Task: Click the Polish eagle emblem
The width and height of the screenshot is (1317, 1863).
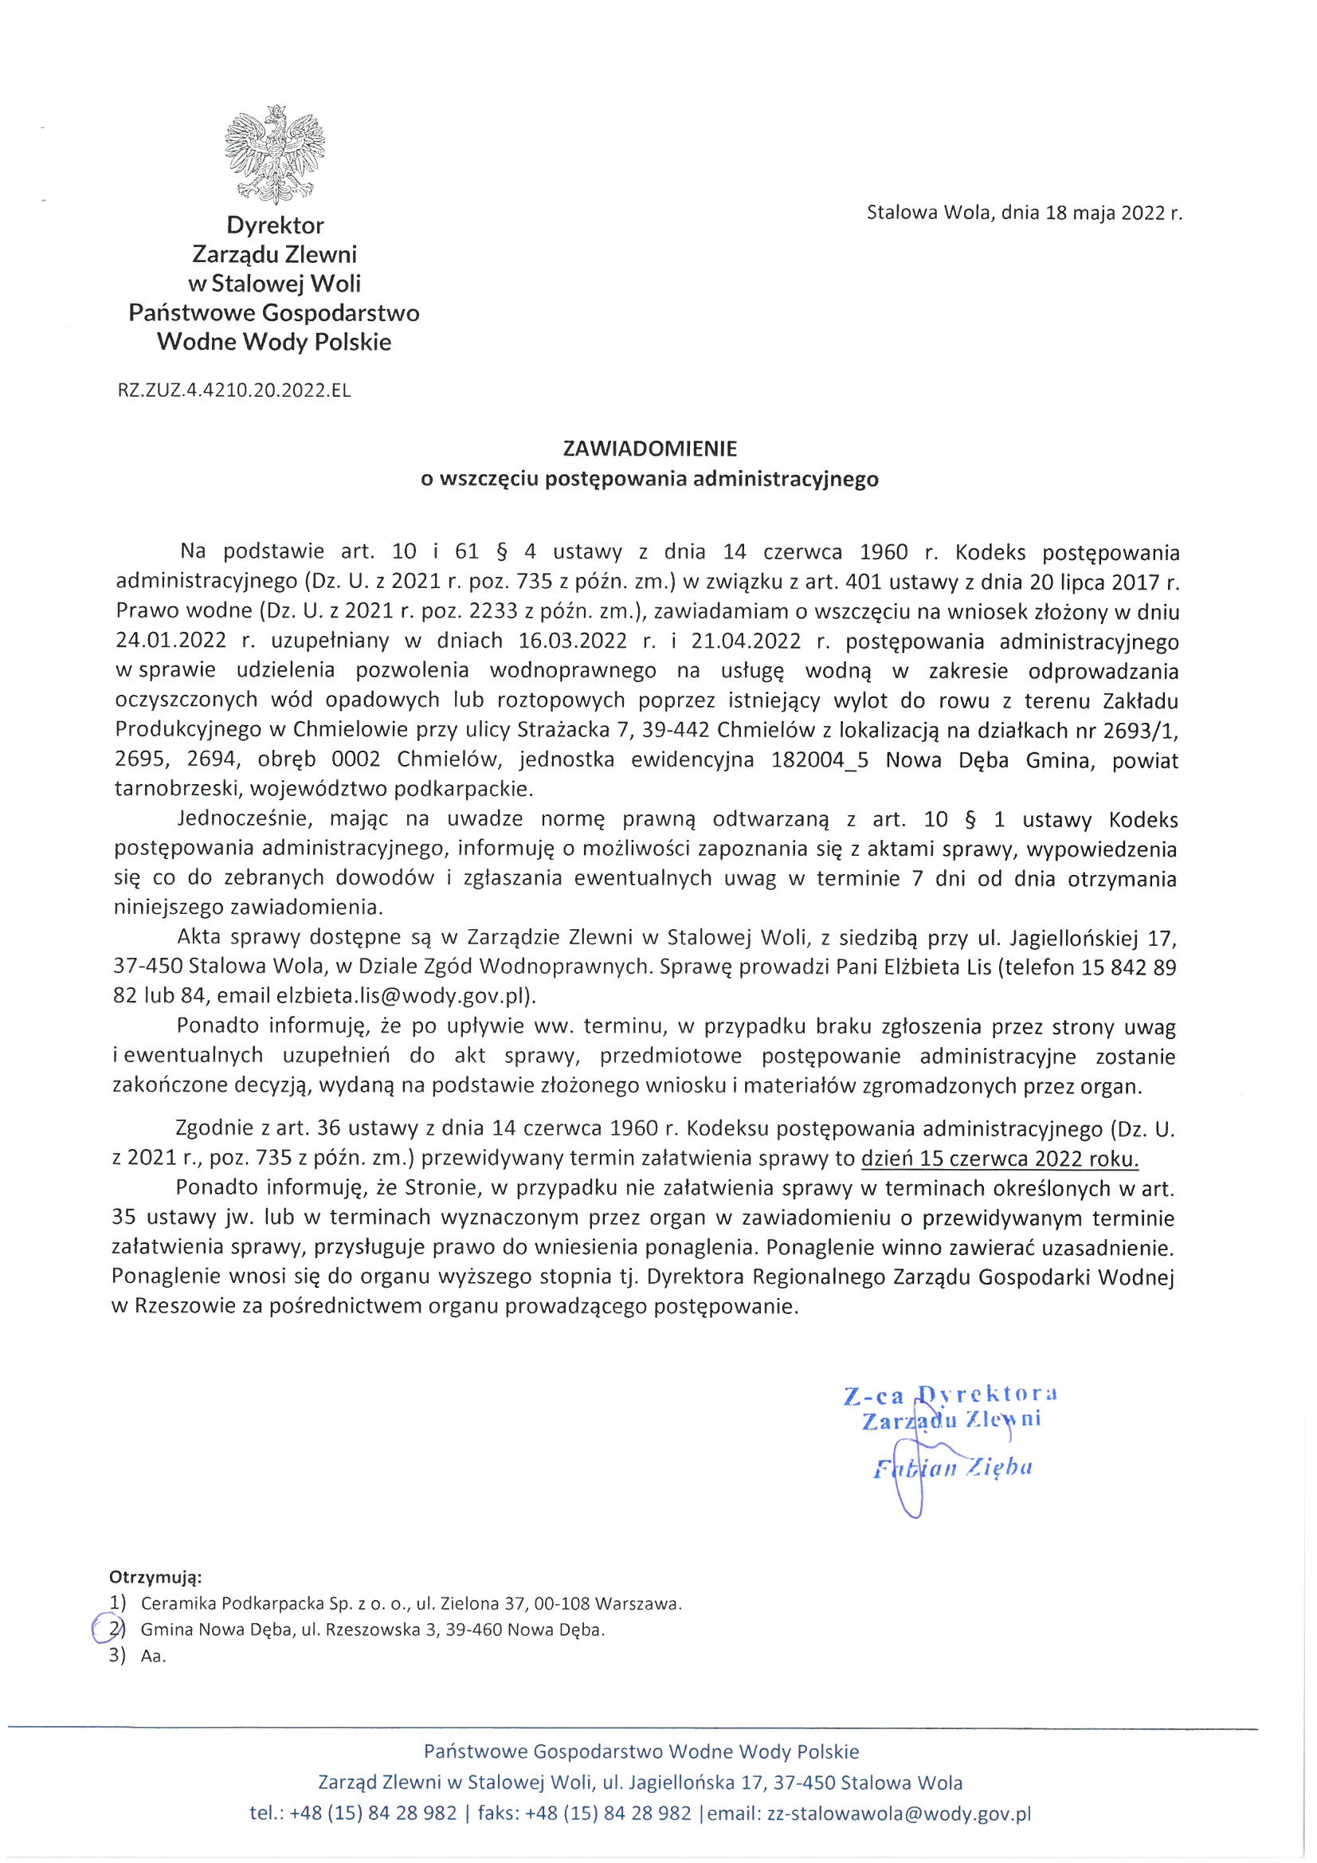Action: tap(274, 154)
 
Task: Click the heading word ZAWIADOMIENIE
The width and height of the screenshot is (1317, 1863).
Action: tap(650, 449)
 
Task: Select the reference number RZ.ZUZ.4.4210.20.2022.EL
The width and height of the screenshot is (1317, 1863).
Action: tap(234, 390)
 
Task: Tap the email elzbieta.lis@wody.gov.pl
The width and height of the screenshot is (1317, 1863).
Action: tap(402, 996)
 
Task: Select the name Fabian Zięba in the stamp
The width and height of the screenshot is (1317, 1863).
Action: tap(952, 1469)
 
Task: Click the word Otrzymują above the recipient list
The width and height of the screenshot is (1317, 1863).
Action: tap(155, 1578)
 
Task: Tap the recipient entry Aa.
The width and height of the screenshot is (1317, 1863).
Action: tap(152, 1656)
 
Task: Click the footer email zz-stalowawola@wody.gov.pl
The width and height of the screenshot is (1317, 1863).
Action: tap(899, 1814)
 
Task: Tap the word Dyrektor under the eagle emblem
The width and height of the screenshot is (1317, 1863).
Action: tap(275, 225)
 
